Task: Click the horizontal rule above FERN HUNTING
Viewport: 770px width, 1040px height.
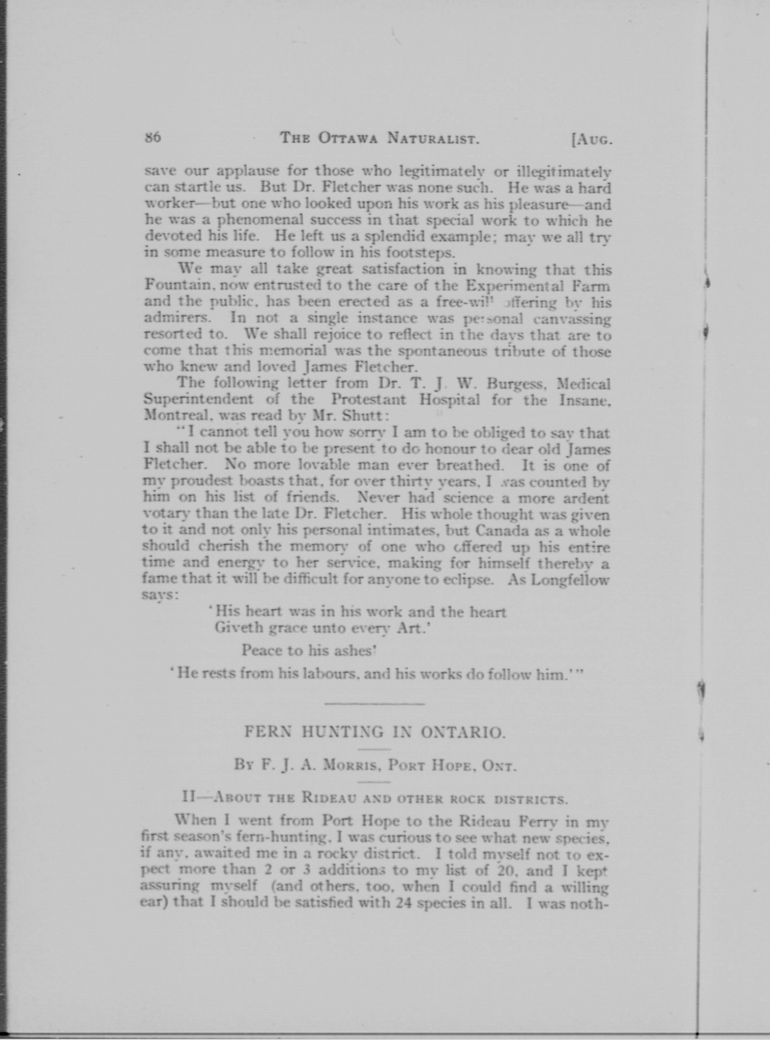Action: tap(374, 703)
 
